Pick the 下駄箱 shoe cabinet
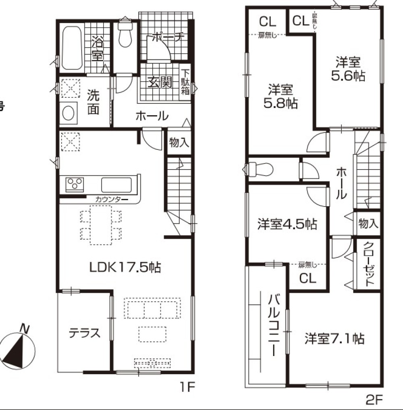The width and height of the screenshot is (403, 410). tap(185, 82)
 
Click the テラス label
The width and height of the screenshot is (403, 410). tap(84, 333)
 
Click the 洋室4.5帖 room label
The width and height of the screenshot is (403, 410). tap(287, 224)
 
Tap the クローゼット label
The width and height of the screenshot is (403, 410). tap(368, 264)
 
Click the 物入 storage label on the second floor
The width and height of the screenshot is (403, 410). tap(368, 224)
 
